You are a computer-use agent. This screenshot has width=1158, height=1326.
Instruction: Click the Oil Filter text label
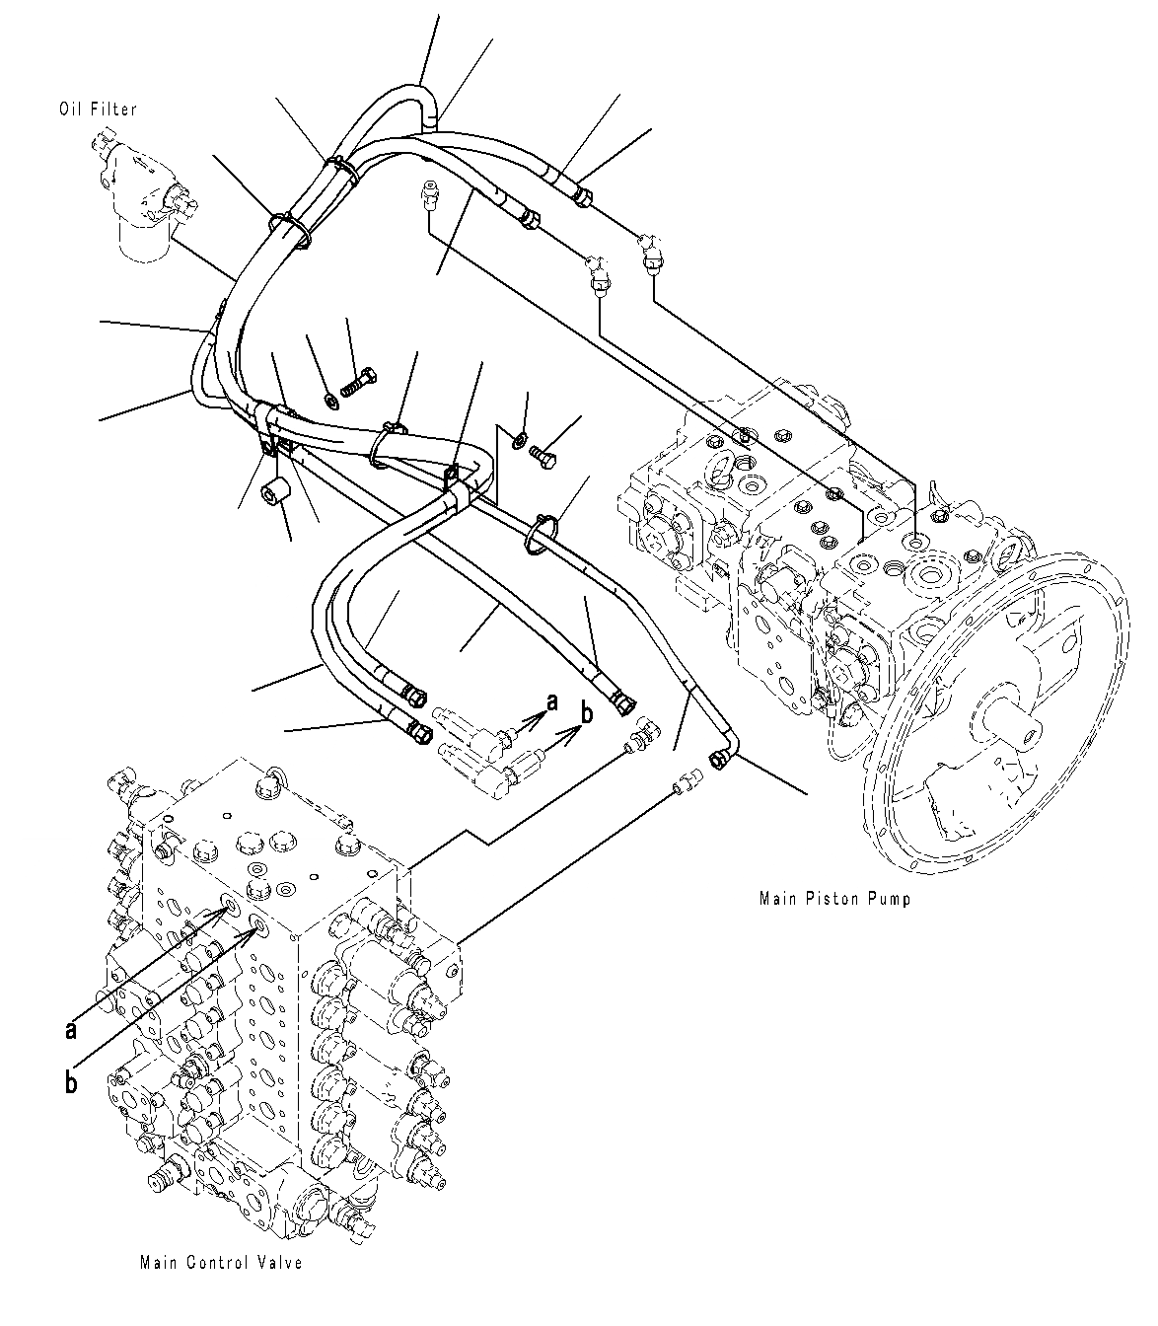pos(98,110)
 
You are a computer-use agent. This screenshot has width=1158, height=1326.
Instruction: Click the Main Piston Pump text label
pos(834,898)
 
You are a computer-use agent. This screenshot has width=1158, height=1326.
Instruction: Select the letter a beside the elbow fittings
pos(551,701)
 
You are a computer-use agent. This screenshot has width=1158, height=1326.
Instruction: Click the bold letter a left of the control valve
pos(70,1029)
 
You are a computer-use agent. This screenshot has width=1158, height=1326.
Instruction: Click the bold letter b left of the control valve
pos(71,1083)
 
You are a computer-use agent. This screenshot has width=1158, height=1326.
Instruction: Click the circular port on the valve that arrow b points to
pos(261,923)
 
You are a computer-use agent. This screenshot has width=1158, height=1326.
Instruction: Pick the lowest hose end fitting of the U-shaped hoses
pos(416,732)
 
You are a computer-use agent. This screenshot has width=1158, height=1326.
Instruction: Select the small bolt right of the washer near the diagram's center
pos(543,454)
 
